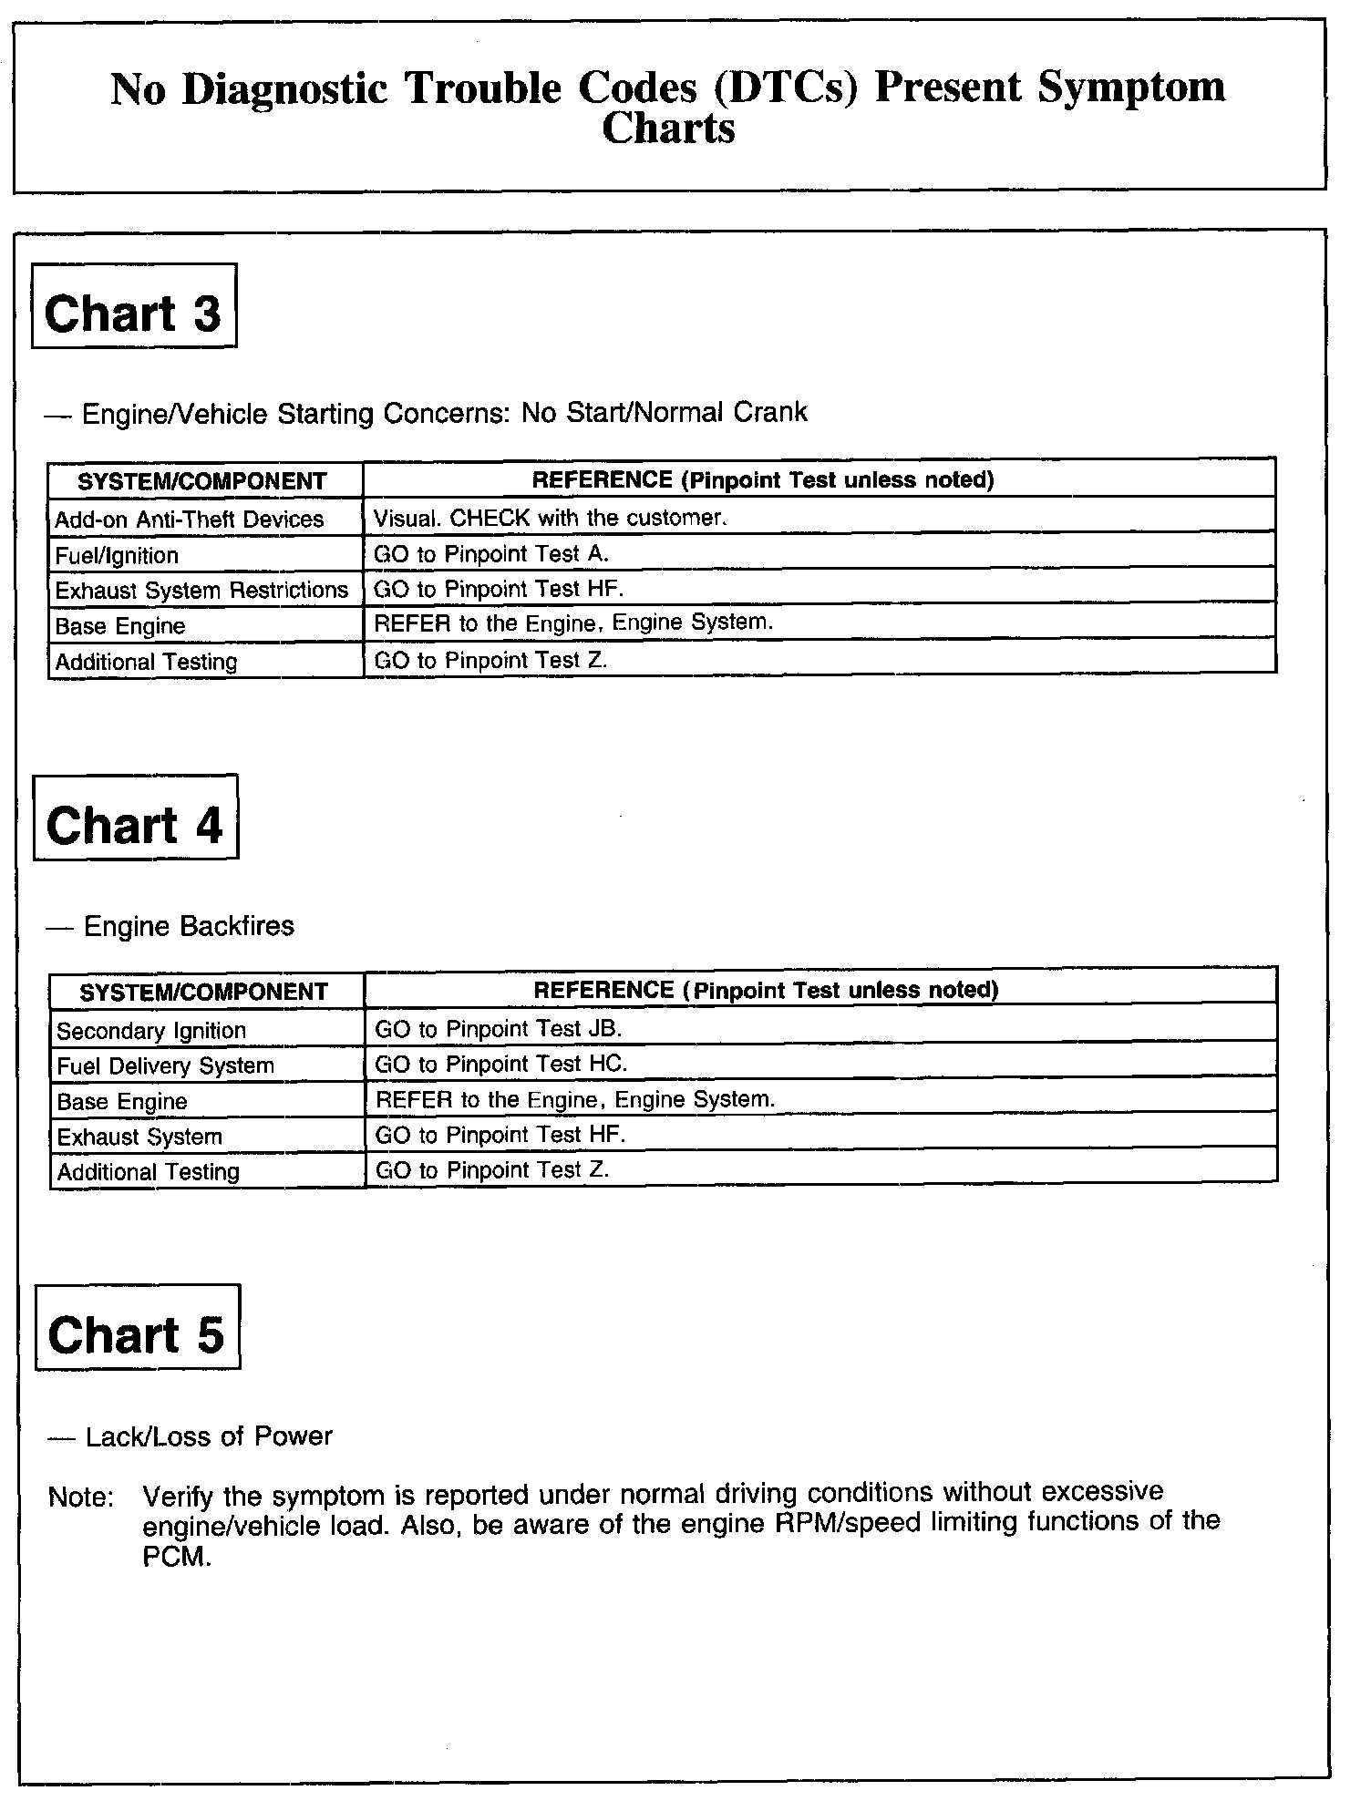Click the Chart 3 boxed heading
coord(134,306)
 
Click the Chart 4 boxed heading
coord(136,818)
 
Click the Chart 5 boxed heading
coord(138,1328)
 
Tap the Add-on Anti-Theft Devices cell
coord(190,520)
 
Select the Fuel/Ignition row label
coord(117,555)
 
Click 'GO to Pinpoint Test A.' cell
coord(491,553)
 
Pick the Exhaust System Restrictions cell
coord(201,591)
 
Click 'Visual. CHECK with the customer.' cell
coord(550,518)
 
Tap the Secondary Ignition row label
coord(151,1031)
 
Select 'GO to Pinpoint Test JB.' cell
coord(499,1029)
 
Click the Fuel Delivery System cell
coord(165,1066)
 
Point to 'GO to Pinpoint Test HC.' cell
coord(501,1064)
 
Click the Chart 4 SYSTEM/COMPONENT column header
coord(203,992)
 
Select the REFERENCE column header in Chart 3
coord(762,479)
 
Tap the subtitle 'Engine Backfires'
coord(189,926)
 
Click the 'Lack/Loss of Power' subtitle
coord(209,1436)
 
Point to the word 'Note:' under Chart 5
coord(81,1497)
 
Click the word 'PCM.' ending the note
coord(177,1556)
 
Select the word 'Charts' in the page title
coord(668,128)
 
